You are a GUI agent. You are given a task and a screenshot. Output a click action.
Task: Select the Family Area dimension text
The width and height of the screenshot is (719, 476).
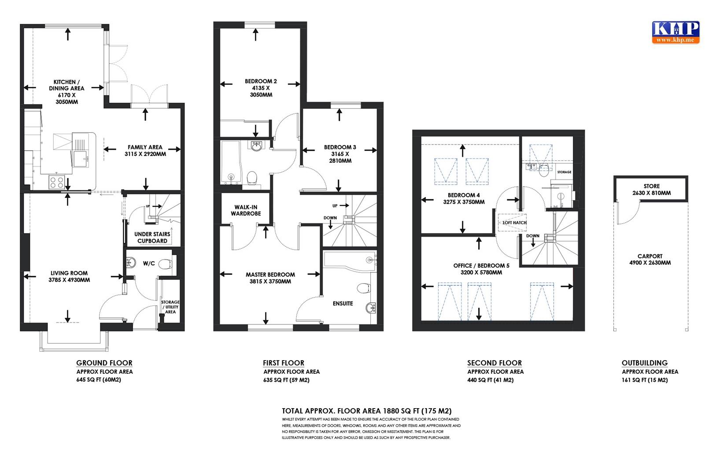point(145,154)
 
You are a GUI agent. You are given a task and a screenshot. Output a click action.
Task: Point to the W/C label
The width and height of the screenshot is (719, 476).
point(149,264)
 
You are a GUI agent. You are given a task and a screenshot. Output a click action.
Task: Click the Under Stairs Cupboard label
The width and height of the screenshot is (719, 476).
point(152,238)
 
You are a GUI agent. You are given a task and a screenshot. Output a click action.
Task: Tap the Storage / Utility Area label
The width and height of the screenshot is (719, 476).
point(170,307)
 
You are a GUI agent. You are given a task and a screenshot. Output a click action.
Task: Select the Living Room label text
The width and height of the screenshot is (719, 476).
point(69,273)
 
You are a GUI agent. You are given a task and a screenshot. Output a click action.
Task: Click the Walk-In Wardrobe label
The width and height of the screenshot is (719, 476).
point(247,210)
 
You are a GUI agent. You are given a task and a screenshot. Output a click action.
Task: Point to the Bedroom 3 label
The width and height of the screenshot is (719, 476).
point(340,147)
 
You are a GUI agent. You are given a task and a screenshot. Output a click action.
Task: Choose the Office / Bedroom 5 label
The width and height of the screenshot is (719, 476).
point(481,266)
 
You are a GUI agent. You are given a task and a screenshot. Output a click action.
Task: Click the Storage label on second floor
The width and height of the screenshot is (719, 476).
point(564,172)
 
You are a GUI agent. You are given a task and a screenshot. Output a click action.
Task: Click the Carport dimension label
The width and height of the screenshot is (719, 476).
point(650,263)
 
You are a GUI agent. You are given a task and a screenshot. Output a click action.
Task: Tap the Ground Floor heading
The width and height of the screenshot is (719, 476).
point(104,363)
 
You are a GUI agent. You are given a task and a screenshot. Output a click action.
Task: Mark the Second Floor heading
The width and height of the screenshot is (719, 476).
point(494,363)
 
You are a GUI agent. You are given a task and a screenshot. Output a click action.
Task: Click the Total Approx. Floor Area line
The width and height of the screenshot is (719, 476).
point(367,411)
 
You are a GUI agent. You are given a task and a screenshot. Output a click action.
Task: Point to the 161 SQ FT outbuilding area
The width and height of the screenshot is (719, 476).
point(645,380)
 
